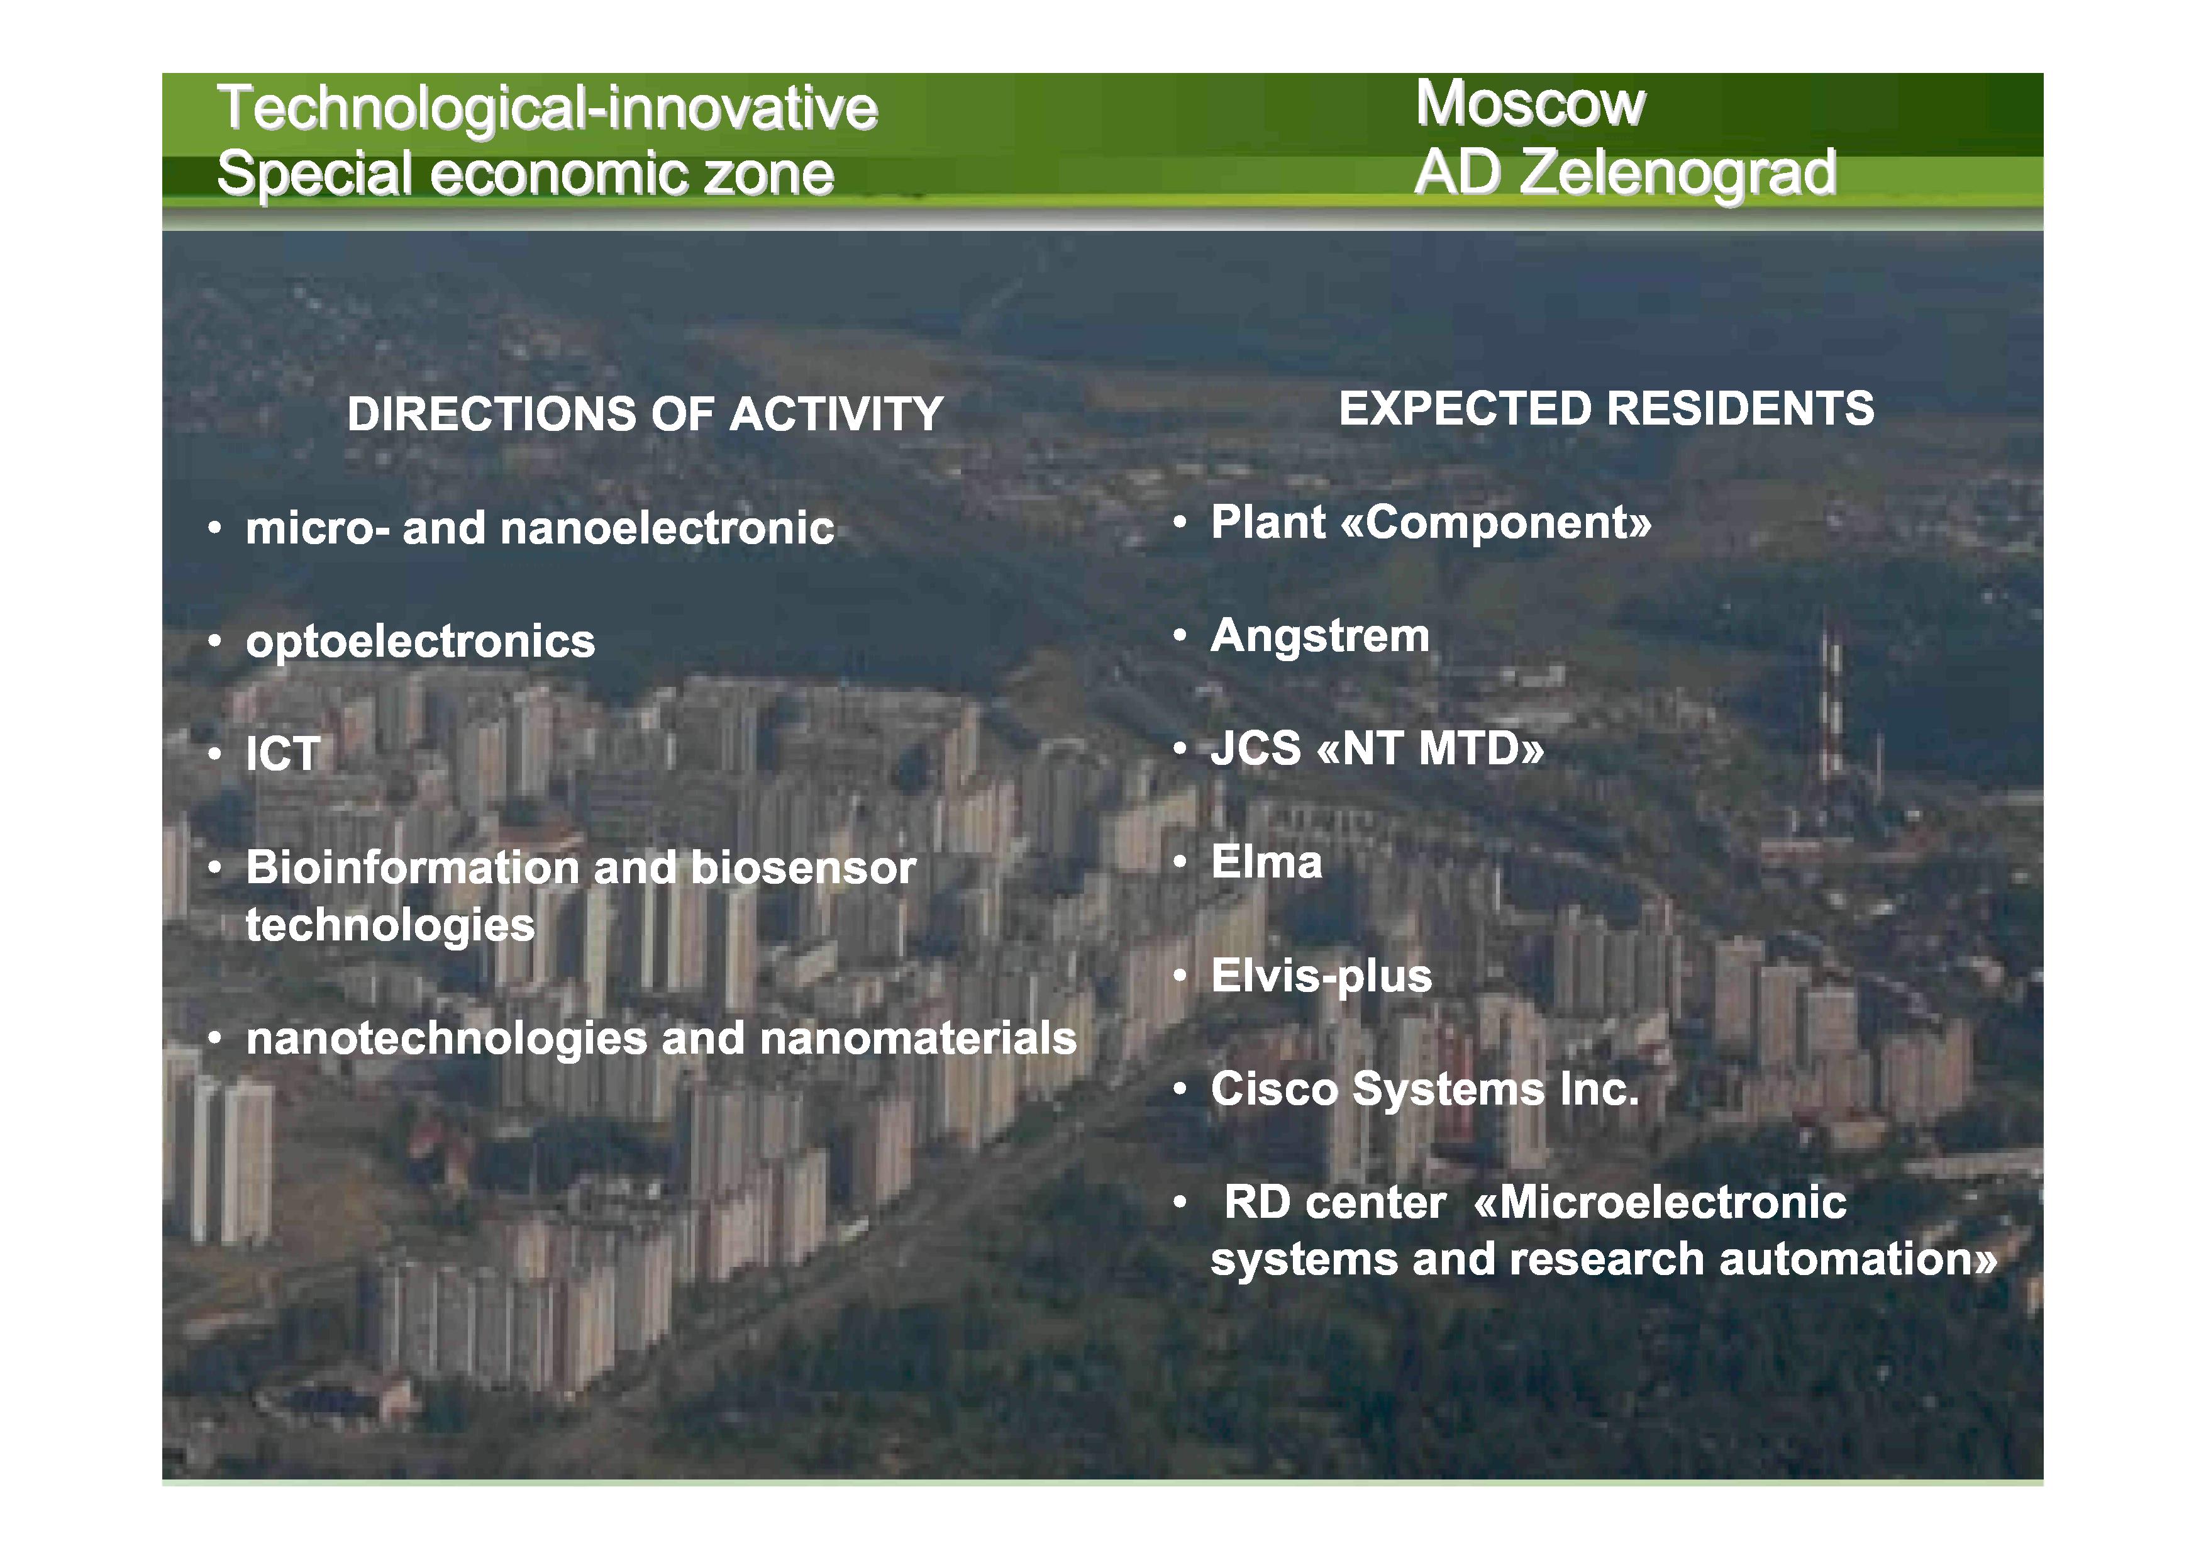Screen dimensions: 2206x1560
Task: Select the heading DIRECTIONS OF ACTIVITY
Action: click(645, 415)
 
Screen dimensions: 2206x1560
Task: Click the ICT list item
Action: click(282, 754)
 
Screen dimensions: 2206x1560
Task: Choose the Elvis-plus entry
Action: click(1321, 976)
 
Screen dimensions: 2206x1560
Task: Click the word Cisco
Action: click(1274, 1089)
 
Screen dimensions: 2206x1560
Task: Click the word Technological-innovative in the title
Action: click(546, 108)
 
